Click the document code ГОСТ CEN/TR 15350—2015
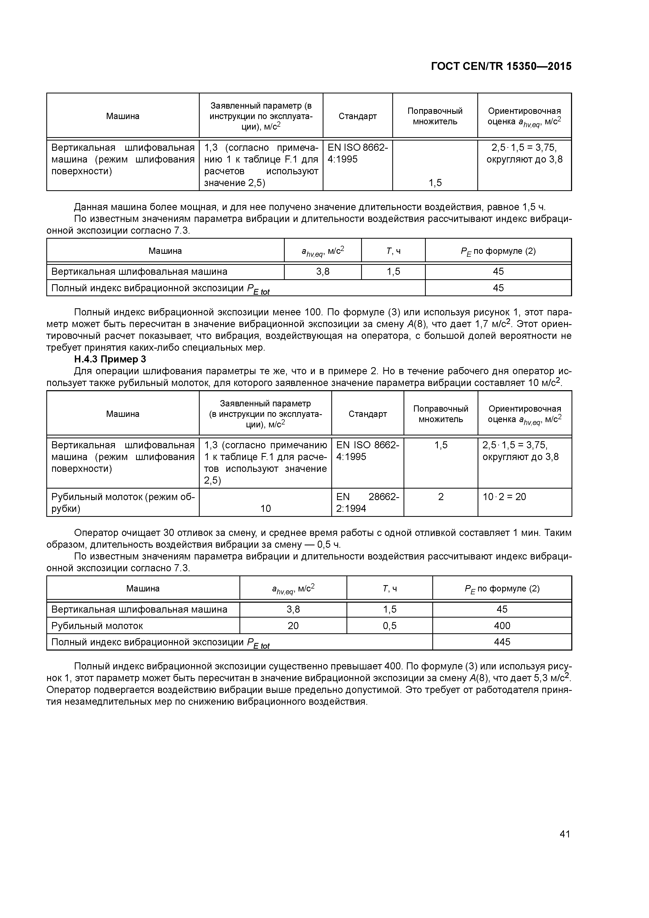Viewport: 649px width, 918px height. tap(501, 66)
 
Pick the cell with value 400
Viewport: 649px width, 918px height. tap(502, 625)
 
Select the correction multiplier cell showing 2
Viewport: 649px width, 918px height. tap(441, 497)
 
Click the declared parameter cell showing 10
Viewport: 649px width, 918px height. tap(266, 508)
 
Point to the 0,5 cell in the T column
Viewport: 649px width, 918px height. tap(389, 625)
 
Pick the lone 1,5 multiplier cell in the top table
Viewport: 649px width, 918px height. tap(435, 183)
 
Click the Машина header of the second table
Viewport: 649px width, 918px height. tap(165, 251)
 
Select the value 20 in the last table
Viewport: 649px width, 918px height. tap(293, 625)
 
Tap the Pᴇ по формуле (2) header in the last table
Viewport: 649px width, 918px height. tap(502, 589)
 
